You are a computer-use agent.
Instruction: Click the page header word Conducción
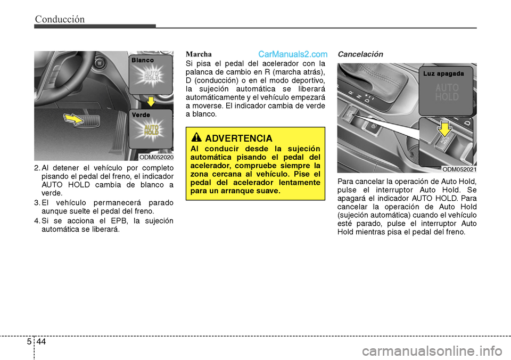[x=60, y=19]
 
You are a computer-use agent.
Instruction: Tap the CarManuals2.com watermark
[x=292, y=54]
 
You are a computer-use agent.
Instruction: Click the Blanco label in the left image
[x=143, y=61]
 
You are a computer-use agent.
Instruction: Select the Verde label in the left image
[x=142, y=115]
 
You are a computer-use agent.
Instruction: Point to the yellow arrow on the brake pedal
[x=73, y=118]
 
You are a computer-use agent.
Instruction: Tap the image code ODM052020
[x=156, y=157]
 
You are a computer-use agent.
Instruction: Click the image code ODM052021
[x=459, y=169]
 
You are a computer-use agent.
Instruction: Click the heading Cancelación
[x=360, y=54]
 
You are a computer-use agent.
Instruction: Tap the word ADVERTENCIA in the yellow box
[x=238, y=138]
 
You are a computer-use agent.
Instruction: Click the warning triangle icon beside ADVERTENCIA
[x=198, y=138]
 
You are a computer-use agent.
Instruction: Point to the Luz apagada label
[x=444, y=73]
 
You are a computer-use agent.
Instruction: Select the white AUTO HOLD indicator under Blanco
[x=152, y=77]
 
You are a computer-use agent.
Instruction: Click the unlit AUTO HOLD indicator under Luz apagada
[x=447, y=93]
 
